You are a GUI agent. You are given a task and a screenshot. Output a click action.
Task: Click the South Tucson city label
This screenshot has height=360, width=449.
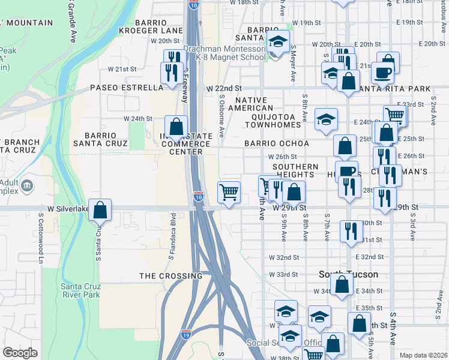[x=348, y=274]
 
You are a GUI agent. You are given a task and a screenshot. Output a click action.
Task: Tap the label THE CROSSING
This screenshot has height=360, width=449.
[x=171, y=276]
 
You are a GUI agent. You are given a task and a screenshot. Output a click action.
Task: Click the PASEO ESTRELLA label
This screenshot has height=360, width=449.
[x=127, y=88]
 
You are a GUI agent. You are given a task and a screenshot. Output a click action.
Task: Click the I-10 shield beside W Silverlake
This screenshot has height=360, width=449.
[x=199, y=196]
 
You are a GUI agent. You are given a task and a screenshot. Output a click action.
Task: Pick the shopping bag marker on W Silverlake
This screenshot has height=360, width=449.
[x=101, y=210]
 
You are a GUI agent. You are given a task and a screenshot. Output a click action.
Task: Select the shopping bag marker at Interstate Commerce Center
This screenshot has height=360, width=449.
[x=175, y=127]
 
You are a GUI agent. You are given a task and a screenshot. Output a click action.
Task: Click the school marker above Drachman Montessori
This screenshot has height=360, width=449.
[x=278, y=41]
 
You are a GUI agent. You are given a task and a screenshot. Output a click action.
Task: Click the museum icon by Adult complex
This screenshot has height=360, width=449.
[x=26, y=187]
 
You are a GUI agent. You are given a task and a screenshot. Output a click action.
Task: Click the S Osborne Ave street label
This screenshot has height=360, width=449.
[x=221, y=116]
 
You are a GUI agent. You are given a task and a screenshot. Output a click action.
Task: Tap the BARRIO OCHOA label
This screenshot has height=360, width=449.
[x=277, y=144]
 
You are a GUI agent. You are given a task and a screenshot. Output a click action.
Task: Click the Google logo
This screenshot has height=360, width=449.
[x=20, y=353]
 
